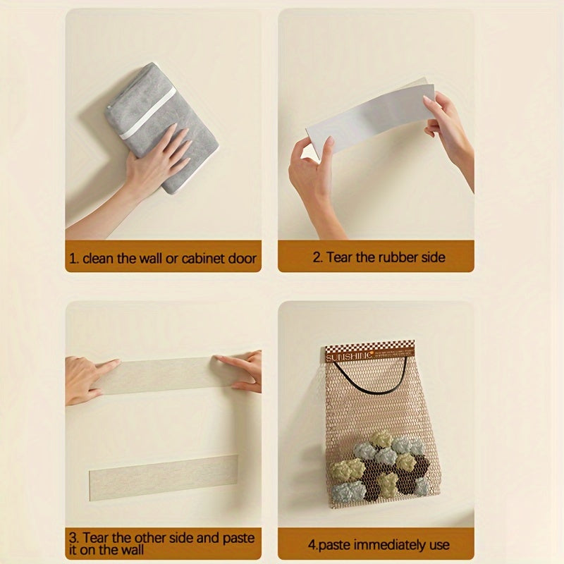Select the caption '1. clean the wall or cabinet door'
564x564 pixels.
[163, 258]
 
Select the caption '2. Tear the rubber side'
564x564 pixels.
[379, 257]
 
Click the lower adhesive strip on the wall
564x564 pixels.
[163, 477]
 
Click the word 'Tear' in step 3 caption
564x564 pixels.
[96, 538]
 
